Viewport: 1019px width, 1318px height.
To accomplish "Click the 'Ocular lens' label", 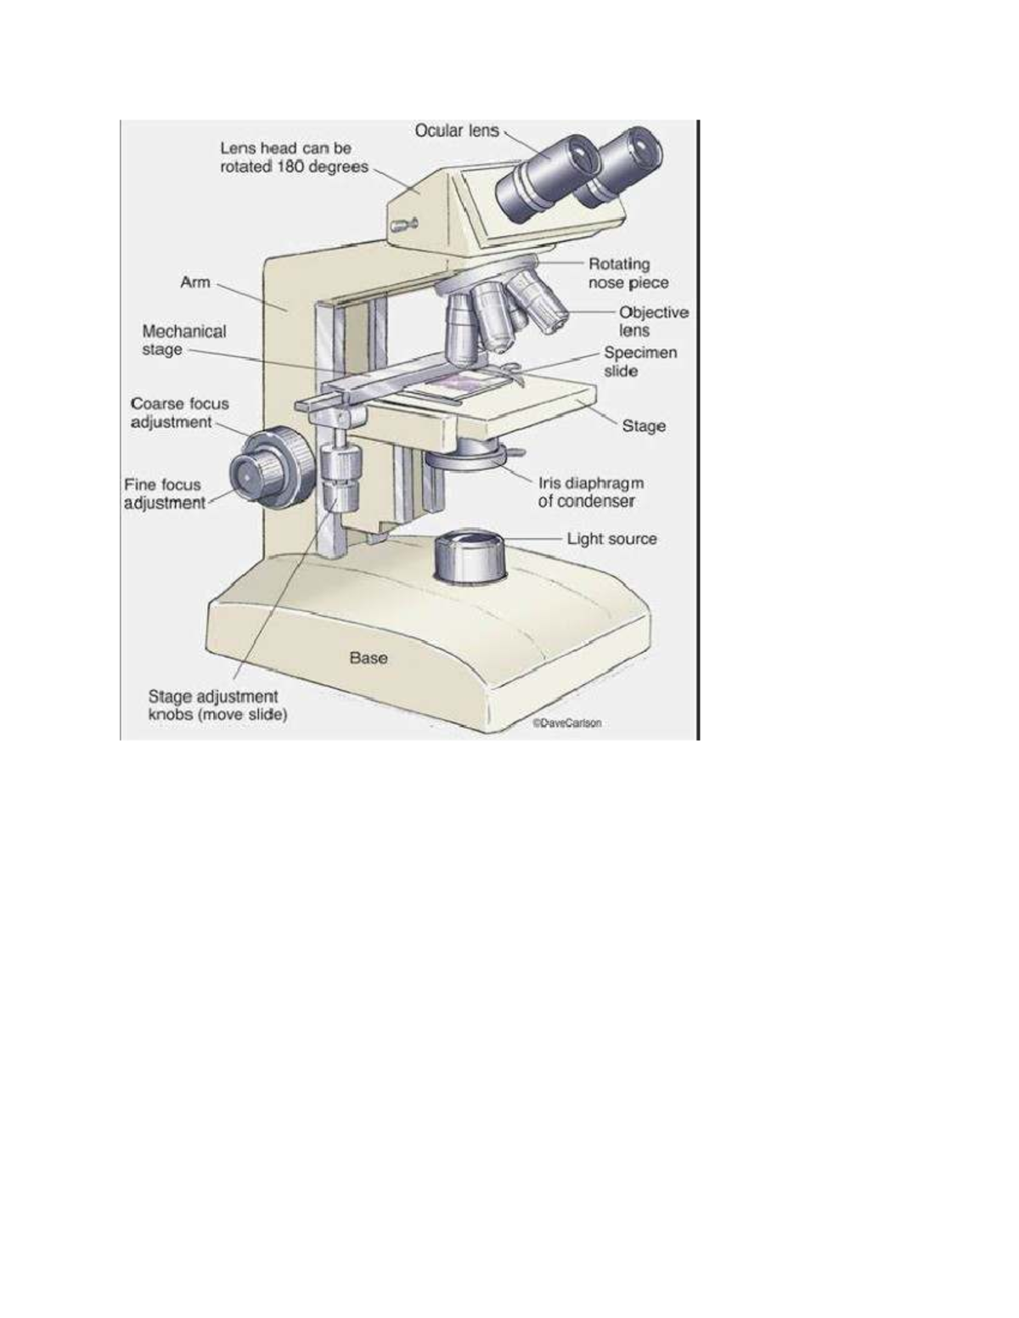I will click(456, 131).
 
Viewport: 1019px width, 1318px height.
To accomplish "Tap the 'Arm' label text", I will click(194, 282).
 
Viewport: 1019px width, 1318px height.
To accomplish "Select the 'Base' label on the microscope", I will click(369, 658).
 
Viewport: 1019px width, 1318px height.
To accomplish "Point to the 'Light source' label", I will click(611, 539).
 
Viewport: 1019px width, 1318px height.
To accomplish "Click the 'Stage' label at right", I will click(644, 426).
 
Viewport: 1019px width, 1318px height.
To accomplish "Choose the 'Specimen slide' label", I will click(640, 362).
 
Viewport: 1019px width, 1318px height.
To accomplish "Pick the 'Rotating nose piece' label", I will click(628, 273).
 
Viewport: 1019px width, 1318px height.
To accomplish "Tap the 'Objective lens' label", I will click(652, 322).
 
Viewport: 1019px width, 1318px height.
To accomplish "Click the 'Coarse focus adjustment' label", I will click(178, 412).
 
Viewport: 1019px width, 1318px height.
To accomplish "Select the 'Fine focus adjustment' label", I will click(164, 494).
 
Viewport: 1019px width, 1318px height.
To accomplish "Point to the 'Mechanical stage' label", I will click(183, 340).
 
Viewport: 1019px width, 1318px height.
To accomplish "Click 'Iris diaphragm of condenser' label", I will click(590, 492).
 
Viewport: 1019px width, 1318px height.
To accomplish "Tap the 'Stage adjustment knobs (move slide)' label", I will click(217, 706).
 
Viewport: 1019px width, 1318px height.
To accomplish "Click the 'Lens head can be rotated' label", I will click(293, 158).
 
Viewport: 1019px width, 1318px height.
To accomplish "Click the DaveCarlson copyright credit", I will click(566, 724).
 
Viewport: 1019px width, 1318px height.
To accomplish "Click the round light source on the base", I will click(470, 557).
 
